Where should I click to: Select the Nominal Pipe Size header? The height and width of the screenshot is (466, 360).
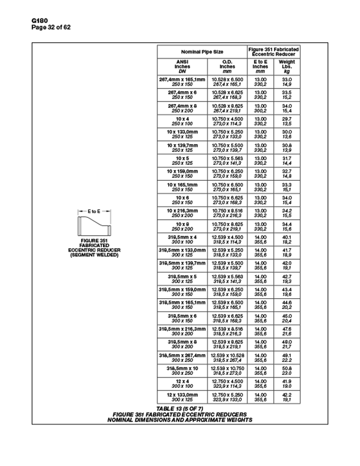coord(201,51)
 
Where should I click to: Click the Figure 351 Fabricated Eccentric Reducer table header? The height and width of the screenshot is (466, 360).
coord(273,51)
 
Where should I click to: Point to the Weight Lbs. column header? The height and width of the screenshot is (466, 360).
coord(287,66)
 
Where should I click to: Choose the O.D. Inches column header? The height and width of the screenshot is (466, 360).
coord(227,66)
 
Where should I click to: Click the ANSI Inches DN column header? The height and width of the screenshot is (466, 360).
coord(182,66)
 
